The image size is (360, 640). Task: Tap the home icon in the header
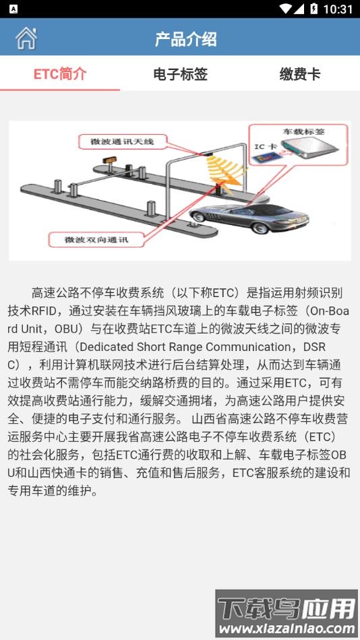[x=26, y=38]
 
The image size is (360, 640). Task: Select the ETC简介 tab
[x=60, y=74]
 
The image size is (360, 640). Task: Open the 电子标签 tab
[x=180, y=74]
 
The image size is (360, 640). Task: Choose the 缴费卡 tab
[x=300, y=74]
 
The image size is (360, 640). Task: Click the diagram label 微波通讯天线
[x=127, y=141]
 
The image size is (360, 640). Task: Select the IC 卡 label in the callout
[x=264, y=146]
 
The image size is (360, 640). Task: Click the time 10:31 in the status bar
[x=338, y=9]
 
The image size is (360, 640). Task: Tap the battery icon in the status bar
[x=313, y=9]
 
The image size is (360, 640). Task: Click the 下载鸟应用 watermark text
[x=287, y=608]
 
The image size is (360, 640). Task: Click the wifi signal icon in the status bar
[x=285, y=9]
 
